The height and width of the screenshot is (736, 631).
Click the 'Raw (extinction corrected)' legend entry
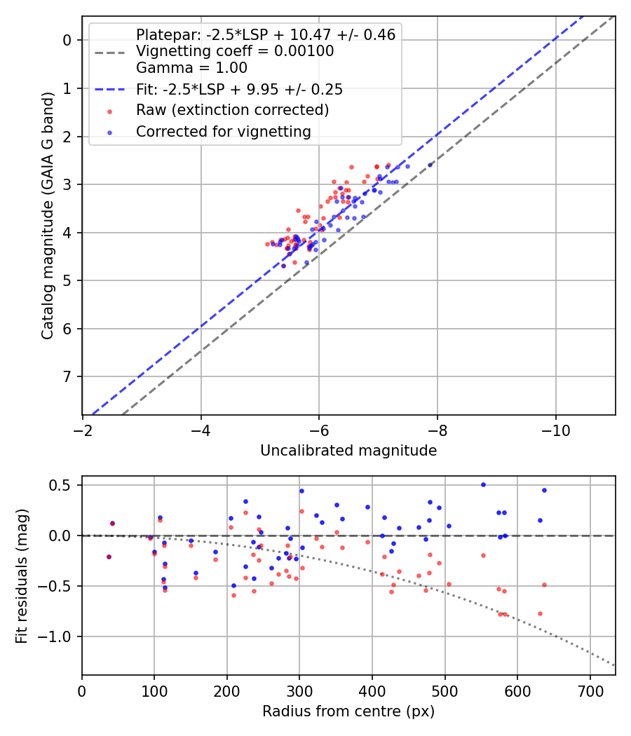[232, 110]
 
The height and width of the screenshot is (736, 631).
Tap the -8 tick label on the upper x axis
[437, 427]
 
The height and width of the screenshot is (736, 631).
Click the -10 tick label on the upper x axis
[556, 427]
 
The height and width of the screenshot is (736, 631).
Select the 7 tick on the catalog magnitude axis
[68, 377]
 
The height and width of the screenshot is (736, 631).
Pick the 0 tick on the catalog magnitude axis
[68, 40]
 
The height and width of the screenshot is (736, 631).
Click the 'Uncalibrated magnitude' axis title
[348, 451]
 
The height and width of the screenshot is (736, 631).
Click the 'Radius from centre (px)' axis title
[348, 711]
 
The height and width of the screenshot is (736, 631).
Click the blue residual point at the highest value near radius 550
[482, 484]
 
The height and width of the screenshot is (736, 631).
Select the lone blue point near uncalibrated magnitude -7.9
[430, 165]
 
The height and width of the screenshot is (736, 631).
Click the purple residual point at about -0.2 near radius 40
[109, 557]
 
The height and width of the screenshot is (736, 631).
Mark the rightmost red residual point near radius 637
[544, 585]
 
